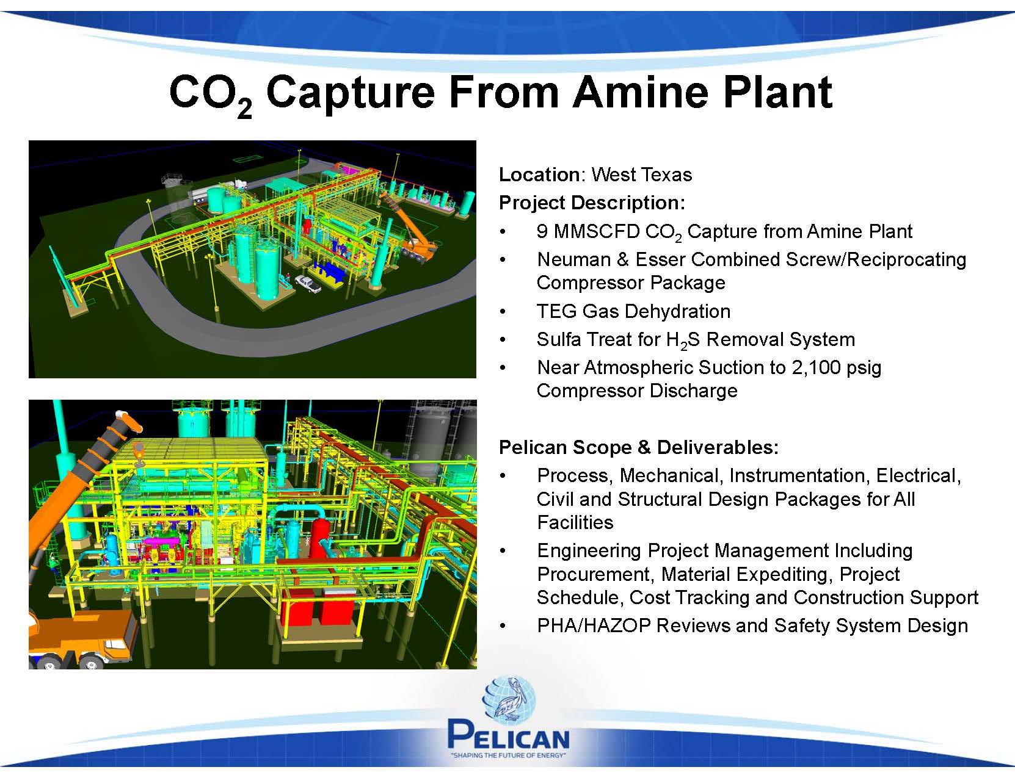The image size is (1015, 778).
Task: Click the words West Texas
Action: click(641, 175)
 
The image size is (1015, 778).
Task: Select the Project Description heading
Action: click(592, 203)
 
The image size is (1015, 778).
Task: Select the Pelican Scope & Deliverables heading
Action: click(639, 447)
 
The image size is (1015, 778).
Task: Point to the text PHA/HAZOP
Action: click(594, 626)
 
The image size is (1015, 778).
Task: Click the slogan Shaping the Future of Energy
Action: click(508, 755)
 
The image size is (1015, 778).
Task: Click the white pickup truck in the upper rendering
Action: click(308, 283)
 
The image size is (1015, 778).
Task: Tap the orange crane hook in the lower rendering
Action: click(139, 455)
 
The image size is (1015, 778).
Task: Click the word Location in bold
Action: click(539, 175)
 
